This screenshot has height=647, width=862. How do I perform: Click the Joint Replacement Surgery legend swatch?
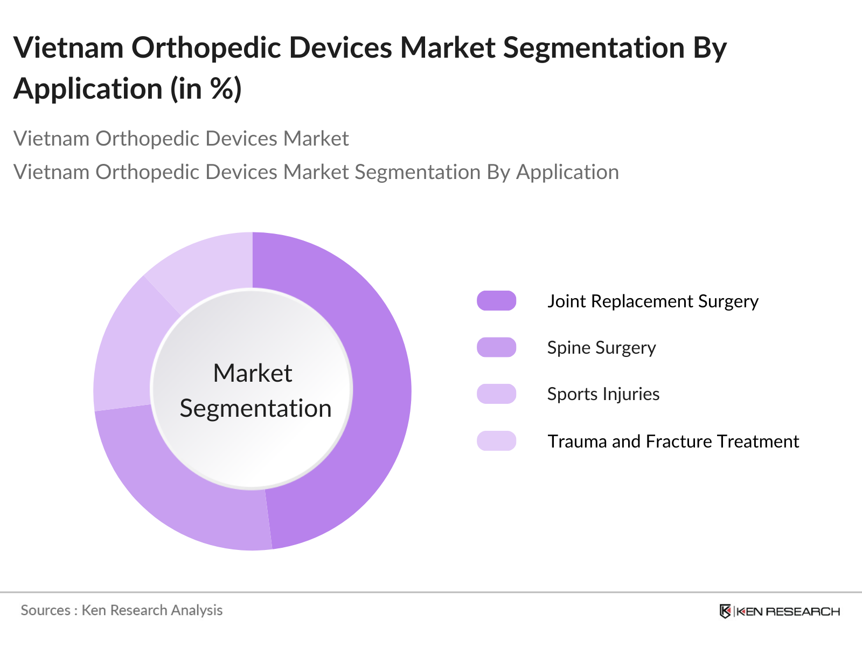pos(496,301)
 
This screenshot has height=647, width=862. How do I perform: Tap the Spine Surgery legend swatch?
pos(496,347)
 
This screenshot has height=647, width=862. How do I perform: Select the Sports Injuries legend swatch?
pos(496,394)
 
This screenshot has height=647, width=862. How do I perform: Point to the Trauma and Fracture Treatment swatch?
pos(496,441)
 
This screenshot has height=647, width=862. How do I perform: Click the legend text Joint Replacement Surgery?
pos(652,301)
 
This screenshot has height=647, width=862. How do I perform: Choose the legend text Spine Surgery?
pos(601,348)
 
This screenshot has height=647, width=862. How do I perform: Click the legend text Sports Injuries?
pos(603,394)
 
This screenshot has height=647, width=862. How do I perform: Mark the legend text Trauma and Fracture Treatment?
pos(673,442)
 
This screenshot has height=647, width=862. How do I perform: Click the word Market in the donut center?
pos(252,373)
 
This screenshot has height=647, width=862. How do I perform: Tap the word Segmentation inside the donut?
pos(255,408)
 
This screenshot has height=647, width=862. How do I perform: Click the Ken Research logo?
pos(780,611)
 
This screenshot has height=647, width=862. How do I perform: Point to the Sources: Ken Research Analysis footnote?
pos(121,610)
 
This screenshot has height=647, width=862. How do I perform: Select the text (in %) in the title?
pos(206,89)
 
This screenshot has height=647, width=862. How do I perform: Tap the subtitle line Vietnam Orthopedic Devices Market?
pos(181,139)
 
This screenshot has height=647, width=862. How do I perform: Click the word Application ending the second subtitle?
pos(567,173)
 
